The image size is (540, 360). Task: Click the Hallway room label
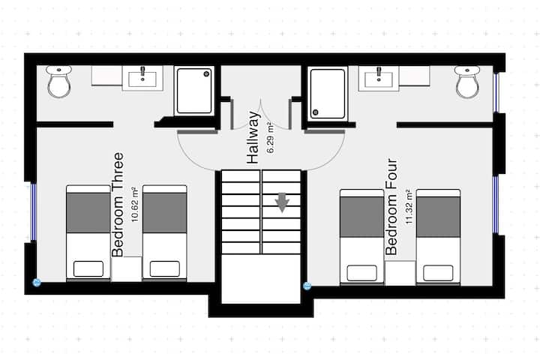pyautogui.click(x=253, y=137)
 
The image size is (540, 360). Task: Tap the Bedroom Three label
pyautogui.click(x=118, y=205)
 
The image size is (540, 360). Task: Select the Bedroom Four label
pyautogui.click(x=391, y=207)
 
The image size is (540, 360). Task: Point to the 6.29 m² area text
pyautogui.click(x=271, y=137)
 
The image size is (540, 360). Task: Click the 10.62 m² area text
pyautogui.click(x=135, y=204)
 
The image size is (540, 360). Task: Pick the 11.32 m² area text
pyautogui.click(x=409, y=207)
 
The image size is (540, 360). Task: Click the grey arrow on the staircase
pyautogui.click(x=282, y=202)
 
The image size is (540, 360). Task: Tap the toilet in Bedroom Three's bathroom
pyautogui.click(x=59, y=81)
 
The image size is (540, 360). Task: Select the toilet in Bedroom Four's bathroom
pyautogui.click(x=467, y=82)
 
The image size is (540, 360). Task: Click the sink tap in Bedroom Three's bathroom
pyautogui.click(x=142, y=72)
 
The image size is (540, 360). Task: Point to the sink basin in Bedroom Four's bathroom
pyautogui.click(x=379, y=79)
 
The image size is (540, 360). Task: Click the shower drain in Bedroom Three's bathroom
pyautogui.click(x=206, y=73)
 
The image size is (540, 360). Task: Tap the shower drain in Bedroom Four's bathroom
pyautogui.click(x=315, y=112)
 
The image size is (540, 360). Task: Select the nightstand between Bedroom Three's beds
pyautogui.click(x=127, y=269)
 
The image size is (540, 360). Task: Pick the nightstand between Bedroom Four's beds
pyautogui.click(x=400, y=273)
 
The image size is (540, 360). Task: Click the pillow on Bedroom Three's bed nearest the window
pyautogui.click(x=88, y=268)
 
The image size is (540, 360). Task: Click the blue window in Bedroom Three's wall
pyautogui.click(x=34, y=211)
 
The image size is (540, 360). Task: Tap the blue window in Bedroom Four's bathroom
pyautogui.click(x=496, y=93)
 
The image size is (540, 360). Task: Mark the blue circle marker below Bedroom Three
pyautogui.click(x=37, y=283)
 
